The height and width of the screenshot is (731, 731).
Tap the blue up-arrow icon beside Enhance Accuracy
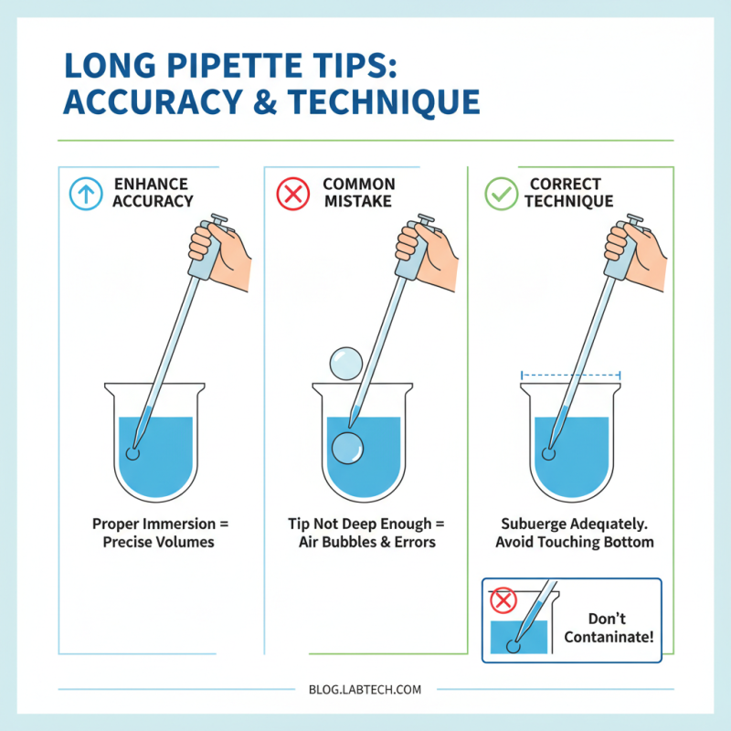coord(86,194)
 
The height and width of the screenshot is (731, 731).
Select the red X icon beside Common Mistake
coord(292,194)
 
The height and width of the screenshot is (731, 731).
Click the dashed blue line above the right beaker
coord(570,374)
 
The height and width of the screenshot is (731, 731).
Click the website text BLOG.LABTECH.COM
coord(365,690)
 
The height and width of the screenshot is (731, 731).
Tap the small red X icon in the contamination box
coord(503,601)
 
